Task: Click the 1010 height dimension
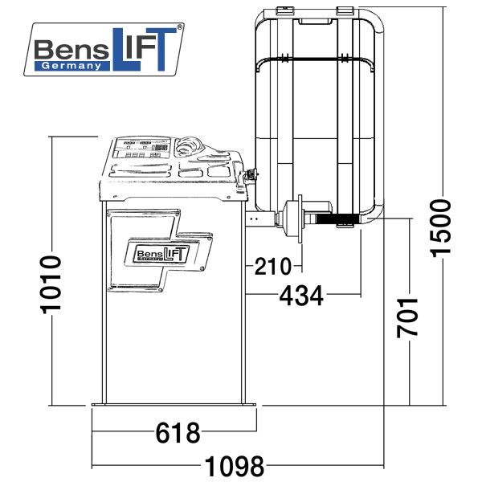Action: pyautogui.click(x=51, y=284)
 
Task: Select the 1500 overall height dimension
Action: pyautogui.click(x=440, y=228)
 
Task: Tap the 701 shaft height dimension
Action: pyautogui.click(x=407, y=317)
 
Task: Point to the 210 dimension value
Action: pyautogui.click(x=272, y=266)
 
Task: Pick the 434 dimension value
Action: pyautogui.click(x=301, y=296)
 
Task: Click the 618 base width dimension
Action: pyautogui.click(x=178, y=432)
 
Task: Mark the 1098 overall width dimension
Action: pyautogui.click(x=235, y=466)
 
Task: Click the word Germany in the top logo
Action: pyautogui.click(x=71, y=66)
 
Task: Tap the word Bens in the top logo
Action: pyautogui.click(x=71, y=50)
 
